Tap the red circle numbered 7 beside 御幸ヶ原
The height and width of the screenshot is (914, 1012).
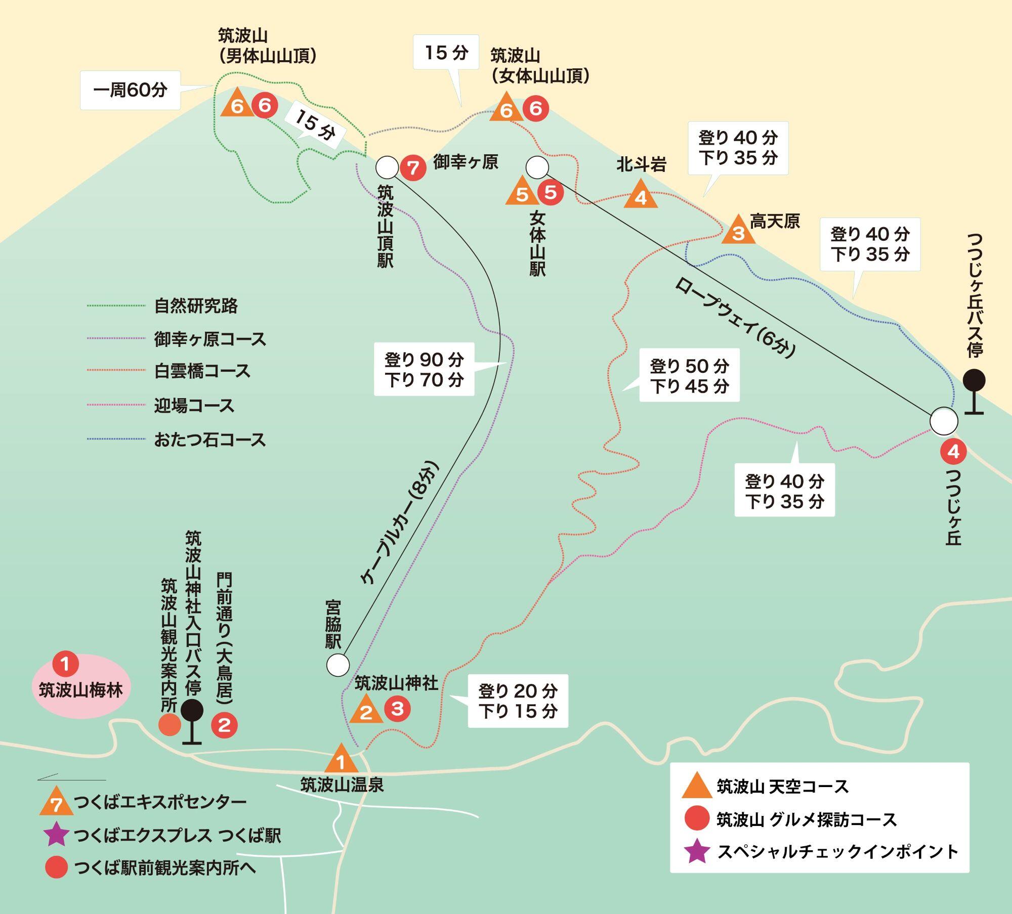pos(413,167)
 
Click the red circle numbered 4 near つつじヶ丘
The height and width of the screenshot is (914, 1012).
pos(953,451)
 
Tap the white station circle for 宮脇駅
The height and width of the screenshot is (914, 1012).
pos(338,665)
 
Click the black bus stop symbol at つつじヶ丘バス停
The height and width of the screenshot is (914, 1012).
pos(974,389)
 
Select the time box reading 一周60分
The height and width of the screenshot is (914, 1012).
pos(130,90)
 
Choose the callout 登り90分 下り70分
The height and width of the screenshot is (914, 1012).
pos(424,369)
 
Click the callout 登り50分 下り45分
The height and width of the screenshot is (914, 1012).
pos(689,375)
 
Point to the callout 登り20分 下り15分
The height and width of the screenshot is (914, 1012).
pos(518,701)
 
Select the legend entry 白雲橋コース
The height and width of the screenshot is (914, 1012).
pos(202,371)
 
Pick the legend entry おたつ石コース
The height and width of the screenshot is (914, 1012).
pos(209,440)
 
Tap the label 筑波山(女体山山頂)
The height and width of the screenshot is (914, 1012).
pos(540,66)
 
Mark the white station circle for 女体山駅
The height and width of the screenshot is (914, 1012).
pos(537,166)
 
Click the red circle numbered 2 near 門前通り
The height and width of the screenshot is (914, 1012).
pos(224,725)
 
